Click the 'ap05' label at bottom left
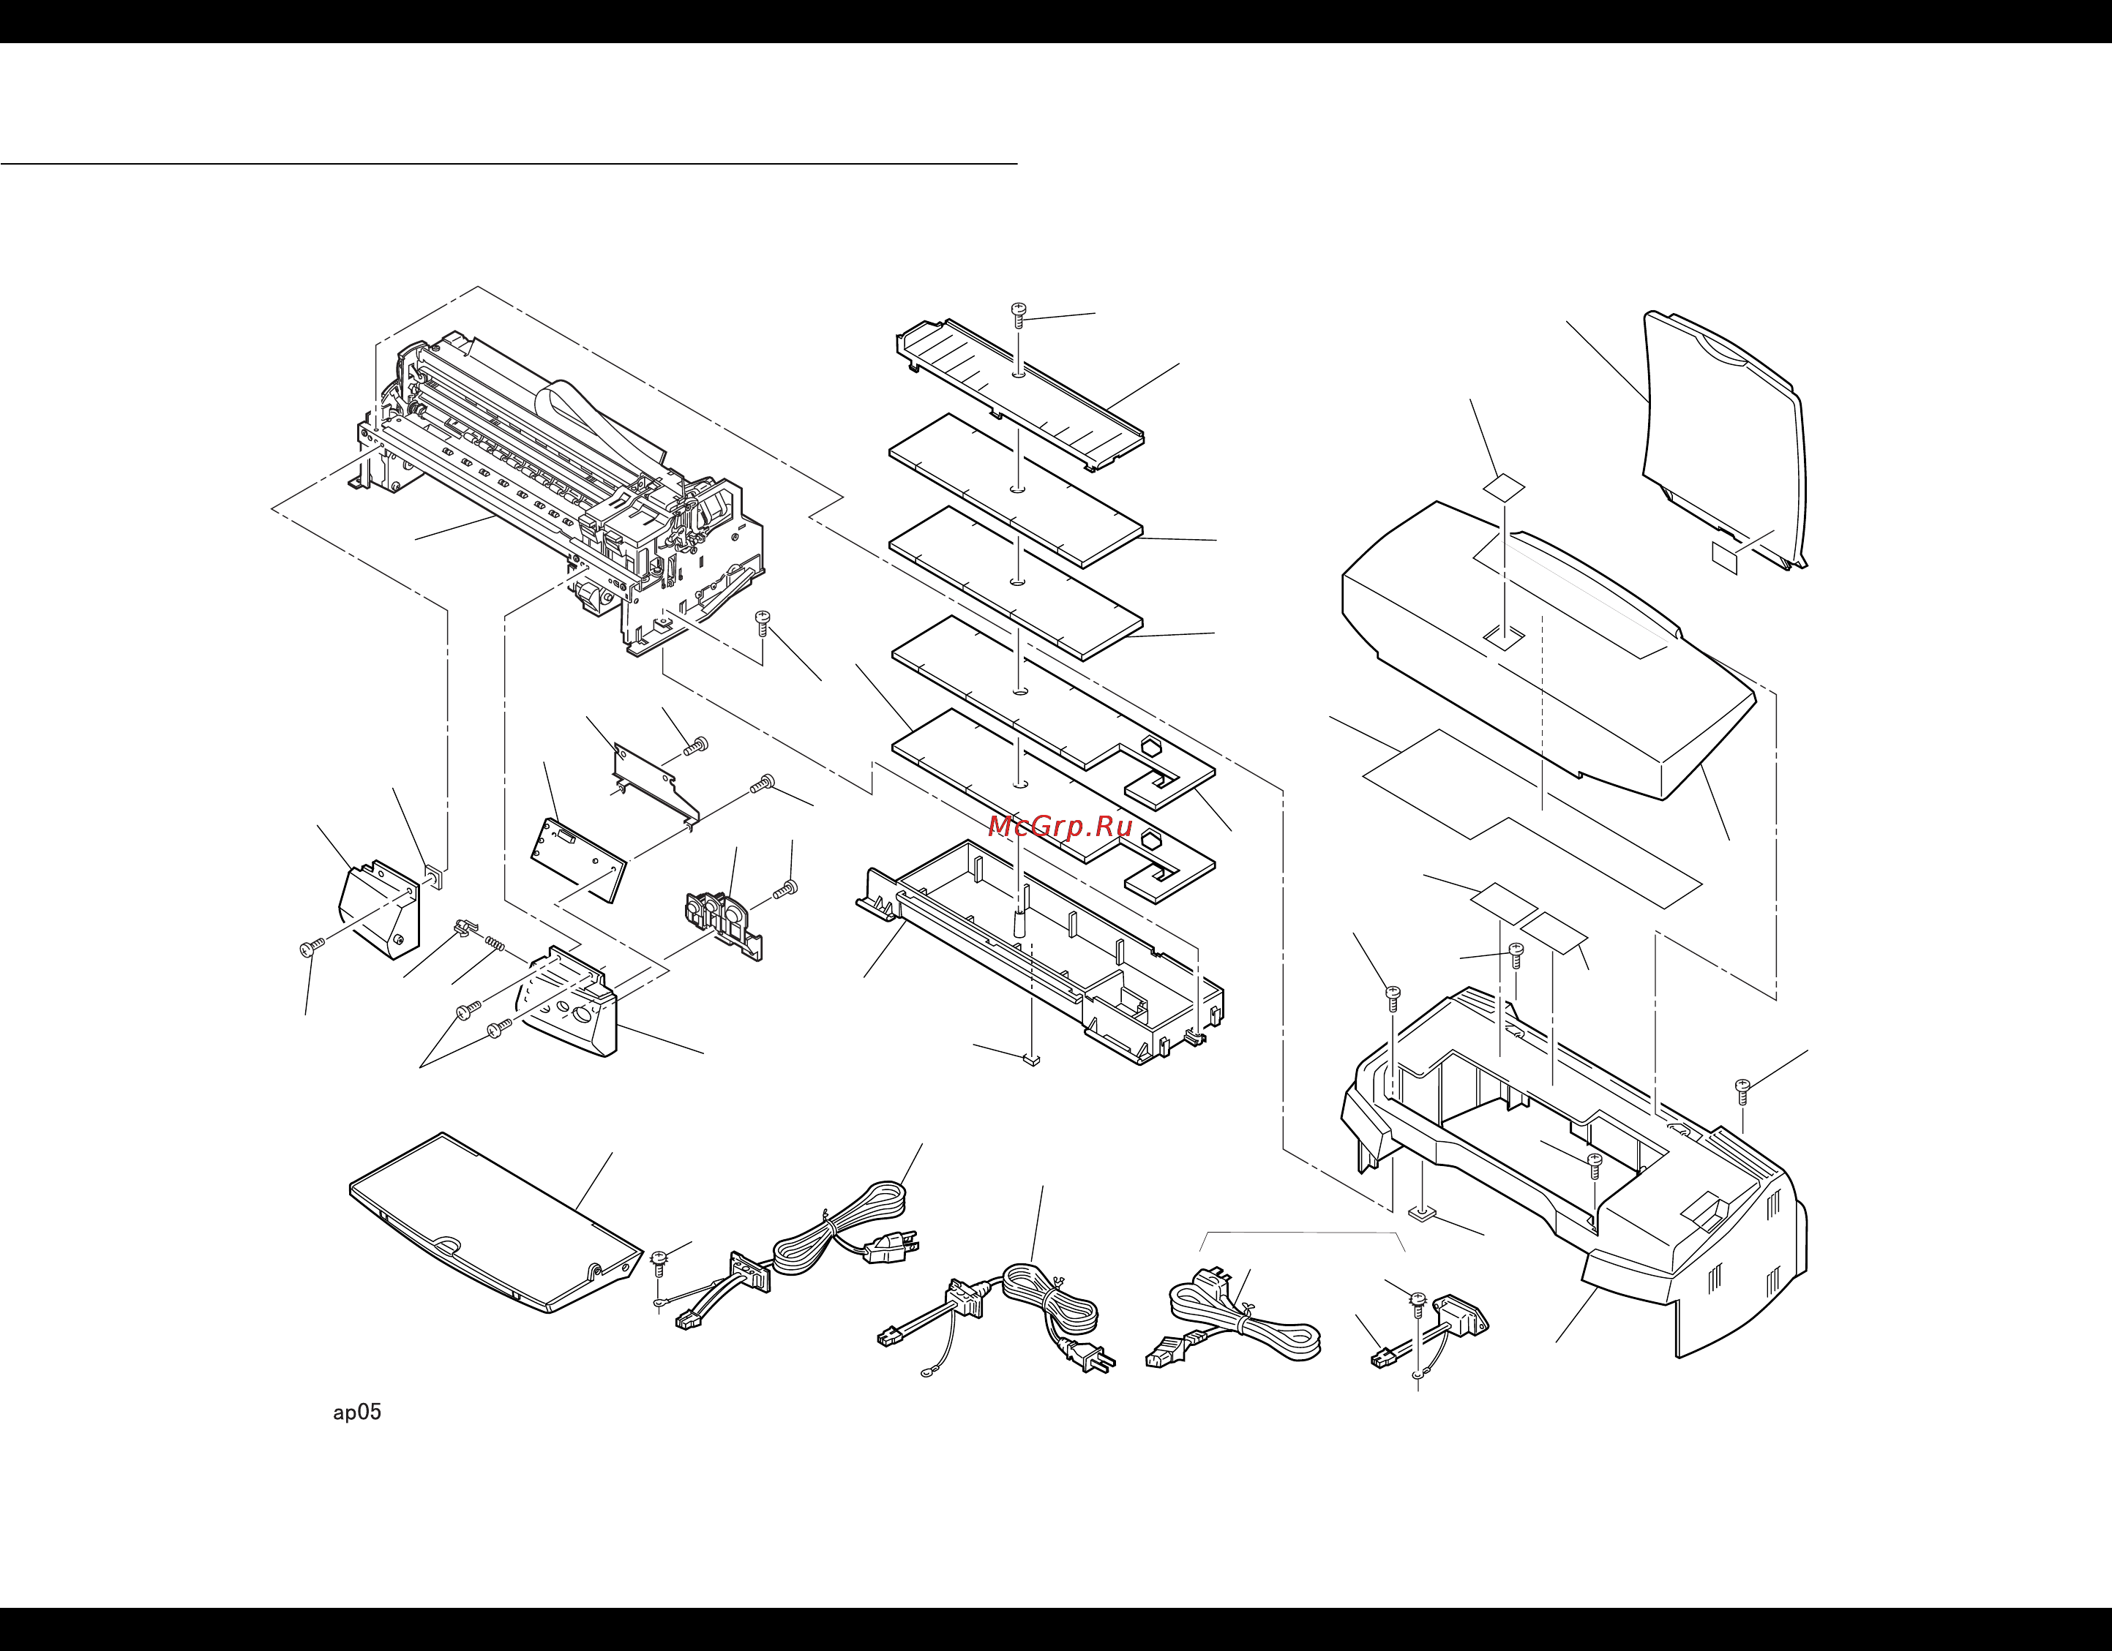click(x=357, y=1413)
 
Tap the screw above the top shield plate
click(x=1018, y=313)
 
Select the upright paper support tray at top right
click(x=1723, y=435)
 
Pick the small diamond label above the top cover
click(x=1505, y=486)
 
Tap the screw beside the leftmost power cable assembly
click(x=662, y=1257)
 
